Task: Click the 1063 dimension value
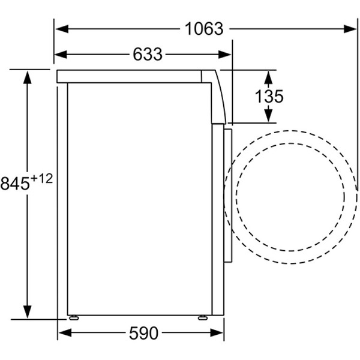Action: pyautogui.click(x=204, y=28)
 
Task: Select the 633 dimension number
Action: pyautogui.click(x=148, y=55)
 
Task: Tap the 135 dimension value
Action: pyautogui.click(x=269, y=97)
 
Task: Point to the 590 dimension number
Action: pyautogui.click(x=143, y=334)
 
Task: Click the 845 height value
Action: pyautogui.click(x=15, y=184)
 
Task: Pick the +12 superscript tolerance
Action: pyautogui.click(x=43, y=178)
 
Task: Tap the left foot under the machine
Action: pyautogui.click(x=74, y=317)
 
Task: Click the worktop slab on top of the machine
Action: pyautogui.click(x=132, y=76)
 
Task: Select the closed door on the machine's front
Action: pyautogui.click(x=227, y=195)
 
